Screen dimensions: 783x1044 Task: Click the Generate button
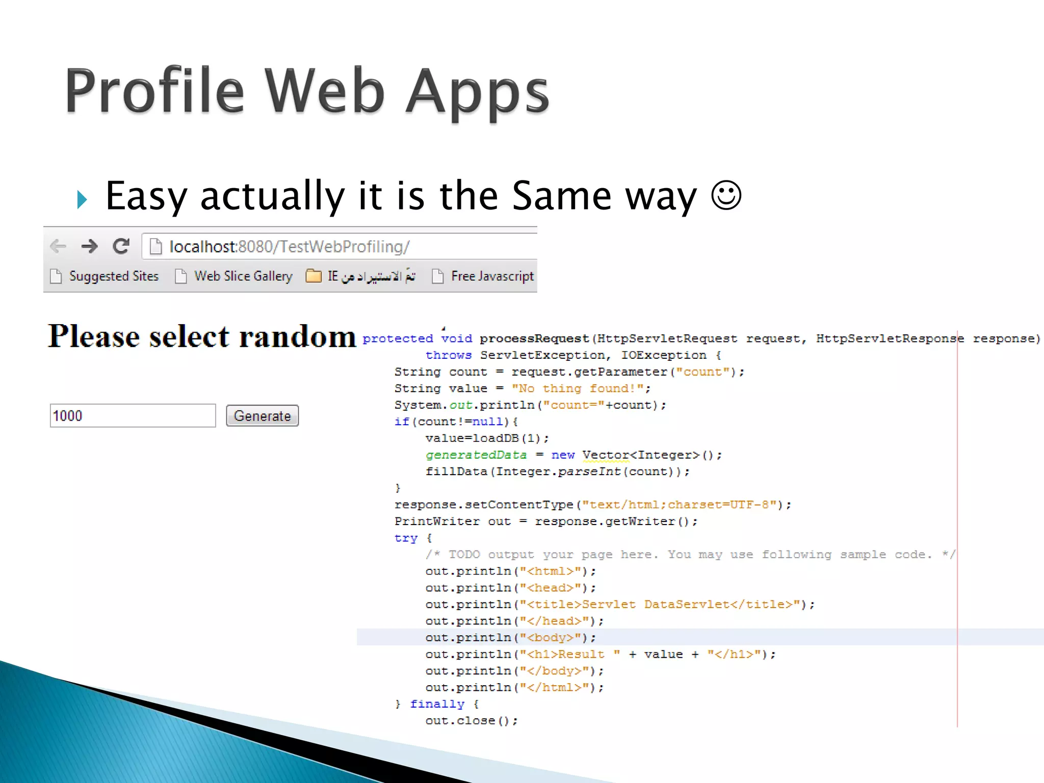click(x=262, y=415)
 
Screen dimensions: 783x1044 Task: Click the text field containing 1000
click(x=133, y=415)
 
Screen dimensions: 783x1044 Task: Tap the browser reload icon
click(x=121, y=246)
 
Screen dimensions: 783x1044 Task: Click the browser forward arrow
click(x=89, y=246)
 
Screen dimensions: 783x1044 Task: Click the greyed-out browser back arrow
click(x=58, y=246)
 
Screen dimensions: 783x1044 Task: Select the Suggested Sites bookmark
click(x=113, y=276)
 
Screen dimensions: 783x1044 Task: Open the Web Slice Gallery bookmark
click(x=243, y=276)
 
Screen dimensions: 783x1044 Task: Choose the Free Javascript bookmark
click(x=492, y=276)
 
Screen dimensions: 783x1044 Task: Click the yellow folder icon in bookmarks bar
click(x=314, y=276)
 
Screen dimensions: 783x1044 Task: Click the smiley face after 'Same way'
click(x=726, y=195)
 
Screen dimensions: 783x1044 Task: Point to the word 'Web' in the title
click(x=325, y=92)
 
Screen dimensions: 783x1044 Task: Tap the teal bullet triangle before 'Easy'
click(x=82, y=199)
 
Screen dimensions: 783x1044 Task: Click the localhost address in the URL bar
click(x=289, y=247)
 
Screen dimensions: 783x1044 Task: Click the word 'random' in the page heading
click(x=298, y=336)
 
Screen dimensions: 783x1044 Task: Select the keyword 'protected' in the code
click(x=398, y=338)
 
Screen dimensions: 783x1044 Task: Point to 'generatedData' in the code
click(x=476, y=455)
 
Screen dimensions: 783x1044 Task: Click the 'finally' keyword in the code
click(x=437, y=704)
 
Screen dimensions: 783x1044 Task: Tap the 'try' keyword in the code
click(x=406, y=538)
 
